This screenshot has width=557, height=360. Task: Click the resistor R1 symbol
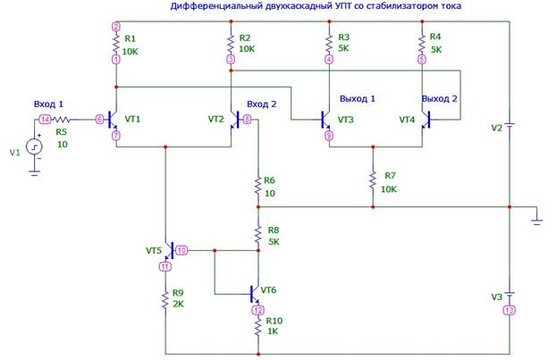115,43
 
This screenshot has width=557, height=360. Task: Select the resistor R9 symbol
165,299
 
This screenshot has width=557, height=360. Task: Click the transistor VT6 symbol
255,291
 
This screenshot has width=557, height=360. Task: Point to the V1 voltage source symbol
34,147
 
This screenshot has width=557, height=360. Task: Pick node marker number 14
44,118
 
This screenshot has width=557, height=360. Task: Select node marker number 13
509,311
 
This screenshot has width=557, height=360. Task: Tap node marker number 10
181,251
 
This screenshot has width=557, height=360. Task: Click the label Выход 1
357,97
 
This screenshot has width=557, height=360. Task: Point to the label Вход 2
262,104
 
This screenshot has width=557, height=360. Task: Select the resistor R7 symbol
373,180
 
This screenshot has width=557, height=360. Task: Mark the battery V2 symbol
509,125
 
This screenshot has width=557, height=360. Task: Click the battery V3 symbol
509,293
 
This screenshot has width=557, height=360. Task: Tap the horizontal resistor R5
63,118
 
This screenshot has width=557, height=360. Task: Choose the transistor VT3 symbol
327,118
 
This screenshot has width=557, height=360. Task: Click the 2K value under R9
180,305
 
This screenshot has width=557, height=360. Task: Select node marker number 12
257,310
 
